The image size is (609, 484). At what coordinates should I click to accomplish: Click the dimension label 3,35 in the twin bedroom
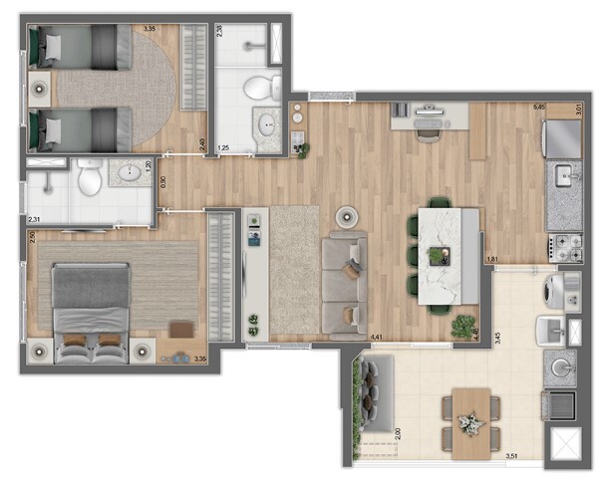point(150,29)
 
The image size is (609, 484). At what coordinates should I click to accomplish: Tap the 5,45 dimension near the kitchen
point(539,106)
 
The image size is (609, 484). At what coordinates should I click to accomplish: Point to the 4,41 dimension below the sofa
point(378,338)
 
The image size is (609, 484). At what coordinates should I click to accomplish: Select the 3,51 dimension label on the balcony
point(512,456)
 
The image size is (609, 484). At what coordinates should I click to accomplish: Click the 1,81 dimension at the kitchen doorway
point(492,260)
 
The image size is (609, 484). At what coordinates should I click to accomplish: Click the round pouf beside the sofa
point(348,216)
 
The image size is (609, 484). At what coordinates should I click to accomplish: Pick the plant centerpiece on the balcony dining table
point(467,422)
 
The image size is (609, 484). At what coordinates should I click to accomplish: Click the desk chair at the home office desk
point(429,130)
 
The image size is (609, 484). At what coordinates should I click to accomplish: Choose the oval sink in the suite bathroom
point(130,174)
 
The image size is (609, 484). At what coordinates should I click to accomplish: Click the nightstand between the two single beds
point(40,89)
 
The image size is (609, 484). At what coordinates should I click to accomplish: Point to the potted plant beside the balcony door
point(462,325)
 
